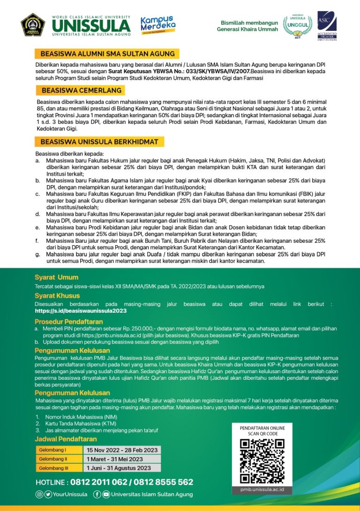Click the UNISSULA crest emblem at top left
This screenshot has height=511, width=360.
(33, 25)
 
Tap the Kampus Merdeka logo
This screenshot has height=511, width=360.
(158, 24)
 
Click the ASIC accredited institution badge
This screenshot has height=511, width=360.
(327, 26)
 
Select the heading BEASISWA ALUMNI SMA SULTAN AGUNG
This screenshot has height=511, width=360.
(107, 53)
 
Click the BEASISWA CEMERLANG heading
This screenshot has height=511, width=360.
(81, 90)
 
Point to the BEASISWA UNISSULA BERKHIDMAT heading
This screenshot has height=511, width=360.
(99, 141)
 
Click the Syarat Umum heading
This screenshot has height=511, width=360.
(56, 277)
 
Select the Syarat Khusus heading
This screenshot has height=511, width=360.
(57, 296)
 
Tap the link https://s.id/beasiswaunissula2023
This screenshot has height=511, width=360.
(81, 310)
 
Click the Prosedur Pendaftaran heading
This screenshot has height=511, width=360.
(68, 322)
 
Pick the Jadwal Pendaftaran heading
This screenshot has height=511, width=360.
(66, 439)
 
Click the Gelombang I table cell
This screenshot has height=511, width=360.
(53, 450)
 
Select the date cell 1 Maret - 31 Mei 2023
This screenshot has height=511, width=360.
(115, 459)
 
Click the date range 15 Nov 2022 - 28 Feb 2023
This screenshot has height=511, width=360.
(121, 450)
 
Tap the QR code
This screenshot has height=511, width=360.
(262, 461)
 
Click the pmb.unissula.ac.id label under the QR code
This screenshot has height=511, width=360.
(262, 490)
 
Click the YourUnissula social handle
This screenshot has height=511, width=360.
(70, 494)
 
